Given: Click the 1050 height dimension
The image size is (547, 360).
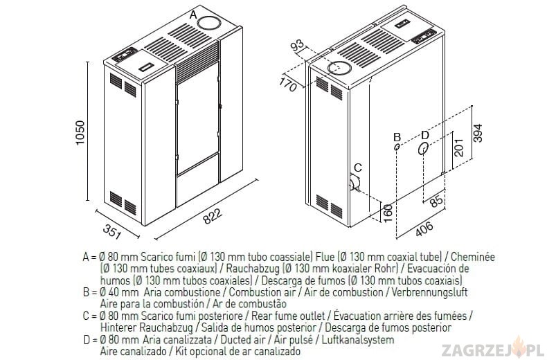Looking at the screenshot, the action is point(80,132).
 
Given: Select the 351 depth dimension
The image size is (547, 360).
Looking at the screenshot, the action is point(112,231).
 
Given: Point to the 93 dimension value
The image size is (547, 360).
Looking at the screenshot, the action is point(298,45).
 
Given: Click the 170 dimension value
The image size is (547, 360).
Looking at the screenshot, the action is point(288,84).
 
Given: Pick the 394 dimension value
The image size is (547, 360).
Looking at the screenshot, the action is point(478,133).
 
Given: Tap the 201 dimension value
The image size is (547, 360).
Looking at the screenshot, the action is point(459,147).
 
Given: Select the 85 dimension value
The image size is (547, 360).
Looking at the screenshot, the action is point(436,201).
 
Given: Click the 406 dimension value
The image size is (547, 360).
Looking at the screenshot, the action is point(424,229).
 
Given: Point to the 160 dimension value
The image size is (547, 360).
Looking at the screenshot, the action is point(388,213).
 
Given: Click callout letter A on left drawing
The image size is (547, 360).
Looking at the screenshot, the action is point(193,15).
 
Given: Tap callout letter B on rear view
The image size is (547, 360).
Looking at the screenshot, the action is point(397,137).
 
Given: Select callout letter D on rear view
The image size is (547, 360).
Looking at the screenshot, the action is point(424,134).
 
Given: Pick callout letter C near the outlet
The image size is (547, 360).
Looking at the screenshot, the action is point(358,168).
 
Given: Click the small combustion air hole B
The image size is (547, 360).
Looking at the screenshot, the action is point(397,147).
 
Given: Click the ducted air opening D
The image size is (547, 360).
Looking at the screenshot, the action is point(424,149).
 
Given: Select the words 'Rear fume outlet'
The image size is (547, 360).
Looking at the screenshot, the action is point(288,316).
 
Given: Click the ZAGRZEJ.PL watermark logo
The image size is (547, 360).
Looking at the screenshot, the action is point(492,349).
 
